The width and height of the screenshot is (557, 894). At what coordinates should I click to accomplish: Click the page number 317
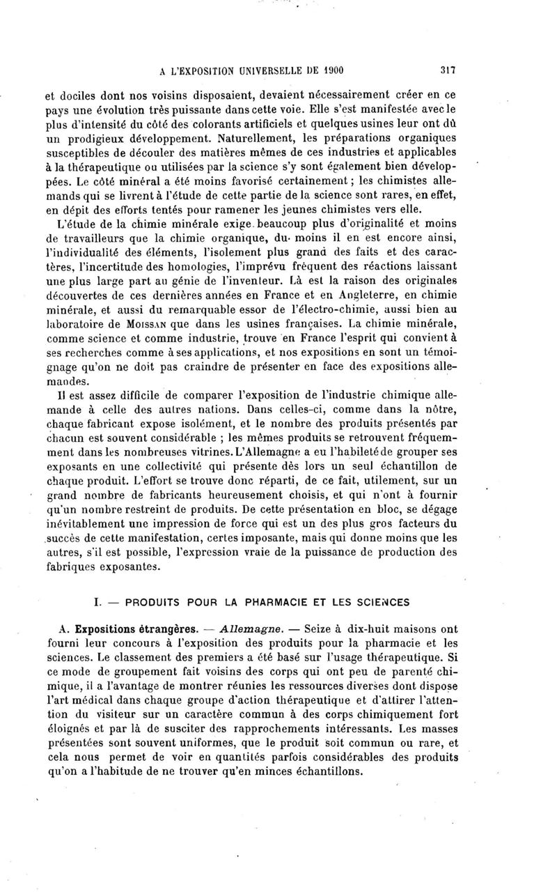tap(448, 70)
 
